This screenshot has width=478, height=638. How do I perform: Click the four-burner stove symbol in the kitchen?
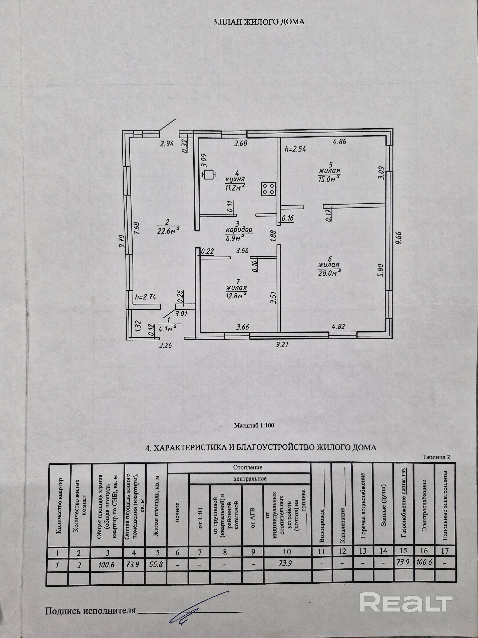click(268, 189)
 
